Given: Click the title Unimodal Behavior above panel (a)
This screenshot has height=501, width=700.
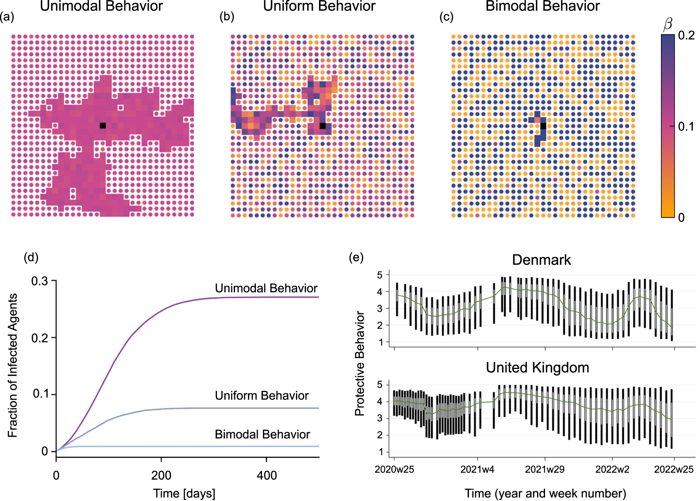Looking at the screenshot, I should coord(101,6).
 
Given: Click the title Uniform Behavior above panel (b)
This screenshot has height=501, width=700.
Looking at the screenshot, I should coord(319,6).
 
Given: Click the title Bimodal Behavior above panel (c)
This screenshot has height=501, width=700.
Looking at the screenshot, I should coord(542,6).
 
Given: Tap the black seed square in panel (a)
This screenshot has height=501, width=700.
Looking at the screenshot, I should coord(102,126).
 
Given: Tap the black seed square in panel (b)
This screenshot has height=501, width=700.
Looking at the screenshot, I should coord(322,126).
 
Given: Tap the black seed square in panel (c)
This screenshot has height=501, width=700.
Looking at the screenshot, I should coord(543,126).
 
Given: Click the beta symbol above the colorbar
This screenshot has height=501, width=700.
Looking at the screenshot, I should coord(668,24).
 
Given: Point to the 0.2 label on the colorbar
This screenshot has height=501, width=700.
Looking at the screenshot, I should coord(686,36).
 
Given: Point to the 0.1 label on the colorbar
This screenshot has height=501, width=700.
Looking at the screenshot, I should coord(686,126).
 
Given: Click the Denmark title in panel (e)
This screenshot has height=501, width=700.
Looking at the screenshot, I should coord(541,260).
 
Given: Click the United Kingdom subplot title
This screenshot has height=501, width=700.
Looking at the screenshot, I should coord(537,367).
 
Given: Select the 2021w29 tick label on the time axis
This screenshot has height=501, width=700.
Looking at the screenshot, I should coord(544,470).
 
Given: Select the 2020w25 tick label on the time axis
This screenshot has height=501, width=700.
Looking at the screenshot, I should coord(394,470).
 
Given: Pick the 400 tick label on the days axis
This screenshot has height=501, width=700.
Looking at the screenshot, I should coord(266,475).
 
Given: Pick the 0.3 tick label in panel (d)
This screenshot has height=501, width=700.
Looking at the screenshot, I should coord(40,281).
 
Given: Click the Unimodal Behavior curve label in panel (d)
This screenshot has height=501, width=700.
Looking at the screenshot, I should coord(266,288).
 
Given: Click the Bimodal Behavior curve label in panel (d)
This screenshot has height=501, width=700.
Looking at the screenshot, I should coord(262,434).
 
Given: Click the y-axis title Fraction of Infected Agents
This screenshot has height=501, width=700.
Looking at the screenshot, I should coord(13,365).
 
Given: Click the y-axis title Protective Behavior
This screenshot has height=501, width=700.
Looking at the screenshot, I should coord(359,363).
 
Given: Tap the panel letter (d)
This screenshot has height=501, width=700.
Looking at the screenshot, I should coord(31,257).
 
